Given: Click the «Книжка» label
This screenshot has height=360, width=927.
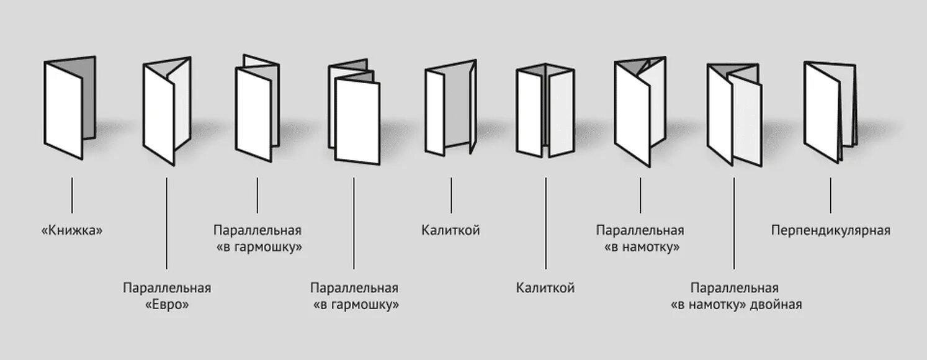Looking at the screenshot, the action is coord(71,231).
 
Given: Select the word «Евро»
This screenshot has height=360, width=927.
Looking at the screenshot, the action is coord(167,305).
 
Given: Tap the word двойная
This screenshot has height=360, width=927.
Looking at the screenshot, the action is coord(776,305).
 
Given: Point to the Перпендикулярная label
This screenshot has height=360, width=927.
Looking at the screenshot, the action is coord(830,231).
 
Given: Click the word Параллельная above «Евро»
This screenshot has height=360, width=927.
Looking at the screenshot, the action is coord(167,288).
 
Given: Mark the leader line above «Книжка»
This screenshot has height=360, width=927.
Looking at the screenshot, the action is coord(72,195).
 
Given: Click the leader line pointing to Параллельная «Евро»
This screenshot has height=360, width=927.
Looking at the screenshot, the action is coord(167,223).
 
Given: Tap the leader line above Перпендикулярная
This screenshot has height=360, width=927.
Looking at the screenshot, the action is coord(830,195).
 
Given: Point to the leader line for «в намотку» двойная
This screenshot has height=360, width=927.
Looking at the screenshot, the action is coord(734,223).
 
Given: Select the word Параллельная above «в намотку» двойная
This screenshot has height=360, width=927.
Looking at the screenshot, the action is coord(734,288).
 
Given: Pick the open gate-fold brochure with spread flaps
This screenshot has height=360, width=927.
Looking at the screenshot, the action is coord(450,109).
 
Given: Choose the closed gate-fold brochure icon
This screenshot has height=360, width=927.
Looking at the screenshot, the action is coord(544,112).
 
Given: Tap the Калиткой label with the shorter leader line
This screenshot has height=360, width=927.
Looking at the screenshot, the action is coord(450,231).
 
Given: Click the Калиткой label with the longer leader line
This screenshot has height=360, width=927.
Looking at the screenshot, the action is coord(545,288).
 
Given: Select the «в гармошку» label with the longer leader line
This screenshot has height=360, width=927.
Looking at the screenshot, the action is coord(354,305).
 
